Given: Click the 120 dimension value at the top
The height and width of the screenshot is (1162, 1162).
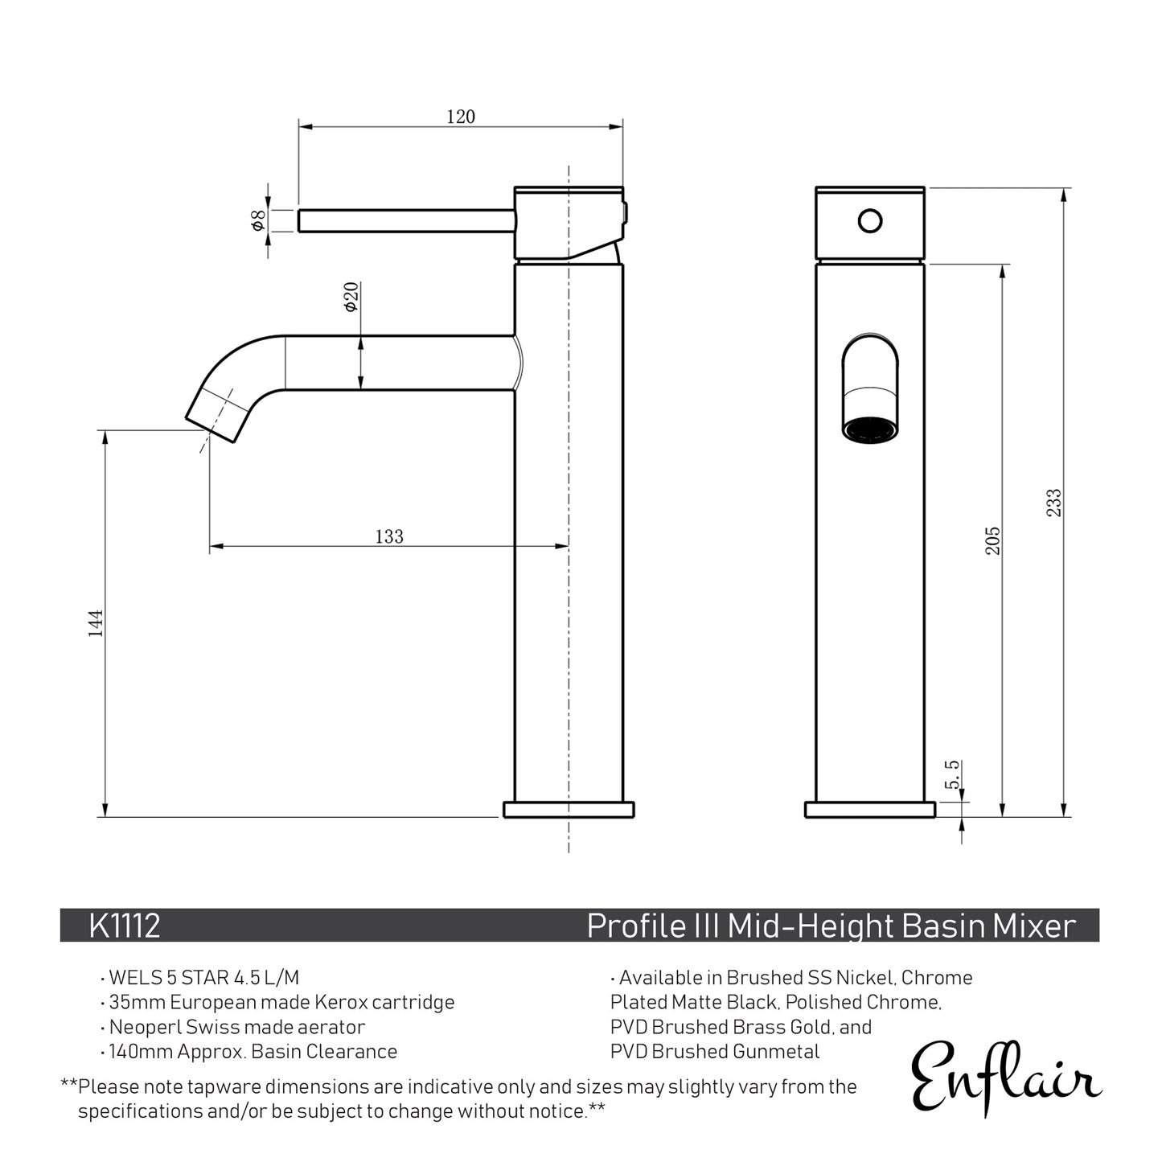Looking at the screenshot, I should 461,117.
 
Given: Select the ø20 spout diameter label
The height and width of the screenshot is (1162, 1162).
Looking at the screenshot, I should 351,298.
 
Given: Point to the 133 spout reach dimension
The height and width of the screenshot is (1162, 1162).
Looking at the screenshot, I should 389,536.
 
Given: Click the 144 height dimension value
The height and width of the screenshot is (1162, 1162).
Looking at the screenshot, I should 96,624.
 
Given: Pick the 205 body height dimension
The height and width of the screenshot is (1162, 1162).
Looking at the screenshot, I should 993,540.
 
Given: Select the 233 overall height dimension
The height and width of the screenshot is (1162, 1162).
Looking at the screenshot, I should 1053,503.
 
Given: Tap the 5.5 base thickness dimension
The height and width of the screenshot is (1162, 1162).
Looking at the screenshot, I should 952,774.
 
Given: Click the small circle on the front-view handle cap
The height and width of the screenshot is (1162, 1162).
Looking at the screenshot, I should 869,220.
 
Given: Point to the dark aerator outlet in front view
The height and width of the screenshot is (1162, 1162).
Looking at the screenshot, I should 870,429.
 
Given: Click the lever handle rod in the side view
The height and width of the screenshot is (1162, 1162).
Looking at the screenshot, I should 406,220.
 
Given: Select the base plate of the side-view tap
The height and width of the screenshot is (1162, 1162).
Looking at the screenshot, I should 569,809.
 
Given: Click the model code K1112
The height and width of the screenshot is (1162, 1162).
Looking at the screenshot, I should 125,926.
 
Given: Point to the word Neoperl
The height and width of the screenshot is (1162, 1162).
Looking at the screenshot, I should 145,1027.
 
